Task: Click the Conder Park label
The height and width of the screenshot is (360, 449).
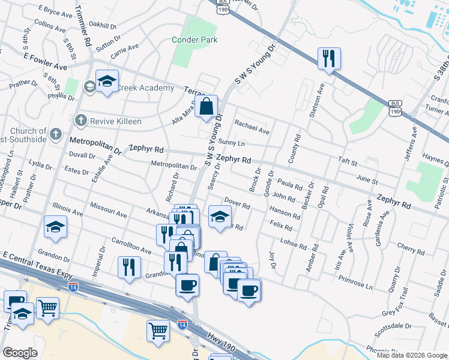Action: coord(194,40)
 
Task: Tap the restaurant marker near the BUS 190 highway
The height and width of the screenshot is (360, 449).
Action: coord(328,59)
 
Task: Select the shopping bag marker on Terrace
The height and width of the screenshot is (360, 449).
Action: coord(206,107)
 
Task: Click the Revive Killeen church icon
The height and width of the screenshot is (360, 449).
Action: coord(80,121)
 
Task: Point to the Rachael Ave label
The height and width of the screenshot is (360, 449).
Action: coord(252,127)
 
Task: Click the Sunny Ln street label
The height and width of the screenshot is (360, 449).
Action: coord(232,143)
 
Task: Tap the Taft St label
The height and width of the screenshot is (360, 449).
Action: coord(348,162)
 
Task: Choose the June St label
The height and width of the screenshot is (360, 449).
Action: coord(367,181)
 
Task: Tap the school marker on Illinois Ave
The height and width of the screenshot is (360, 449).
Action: coord(55,227)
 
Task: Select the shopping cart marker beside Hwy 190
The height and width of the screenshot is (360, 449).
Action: coord(158,329)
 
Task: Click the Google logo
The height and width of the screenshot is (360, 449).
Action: coord(20,353)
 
